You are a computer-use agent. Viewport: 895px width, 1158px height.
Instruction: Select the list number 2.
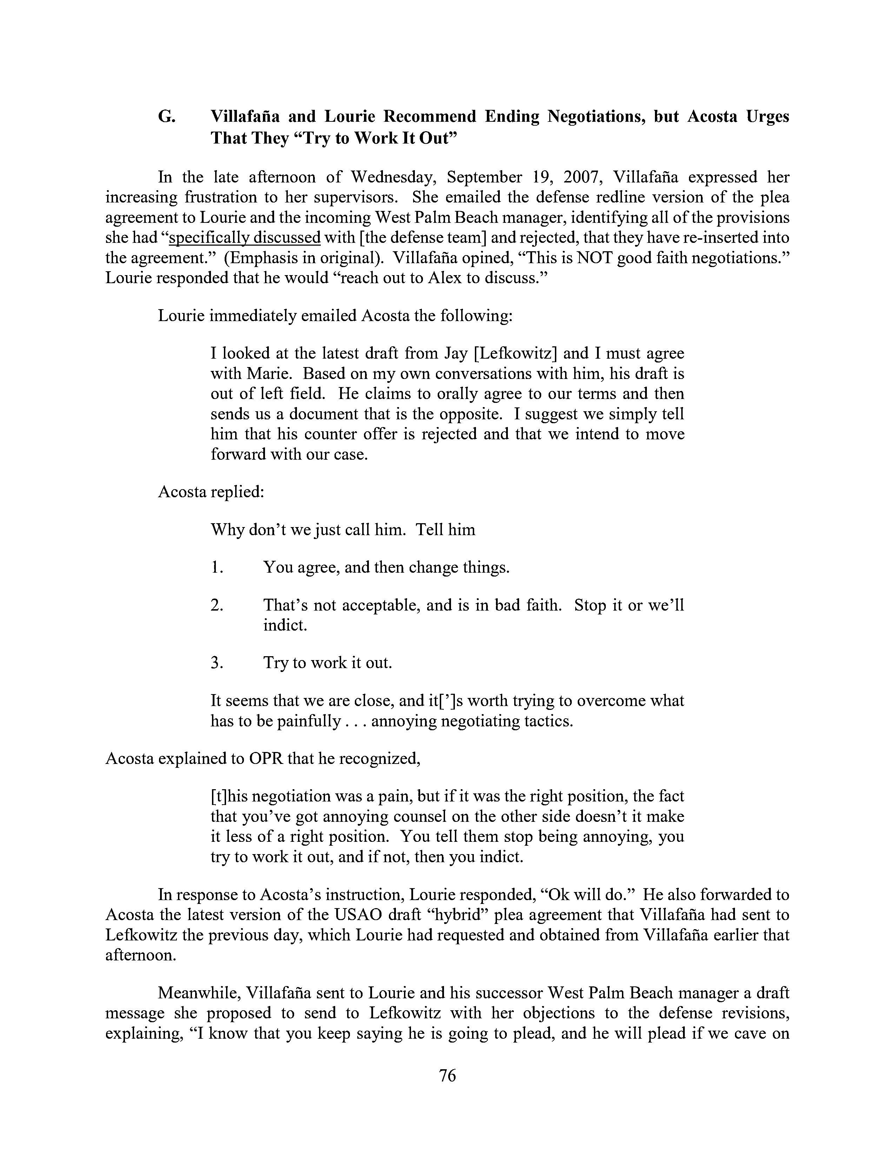coord(216,605)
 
